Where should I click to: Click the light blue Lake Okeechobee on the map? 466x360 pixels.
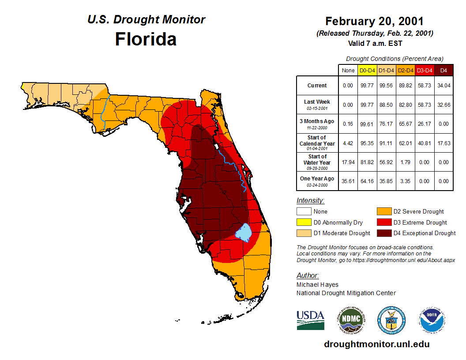point(243,232)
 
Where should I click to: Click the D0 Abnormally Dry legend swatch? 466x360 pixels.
point(304,222)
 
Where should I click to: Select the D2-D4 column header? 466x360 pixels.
point(406,70)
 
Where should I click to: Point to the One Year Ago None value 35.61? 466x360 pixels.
point(348,181)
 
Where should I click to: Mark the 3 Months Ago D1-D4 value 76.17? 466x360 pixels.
point(387,124)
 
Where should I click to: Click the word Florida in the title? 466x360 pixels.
point(146,39)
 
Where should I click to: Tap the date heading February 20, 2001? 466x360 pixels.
point(374,21)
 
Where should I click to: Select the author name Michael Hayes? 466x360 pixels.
point(317,285)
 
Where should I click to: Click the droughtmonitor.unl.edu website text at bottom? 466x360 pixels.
point(376,344)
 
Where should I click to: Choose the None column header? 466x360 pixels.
point(348,70)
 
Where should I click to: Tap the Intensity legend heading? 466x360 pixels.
point(310,201)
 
